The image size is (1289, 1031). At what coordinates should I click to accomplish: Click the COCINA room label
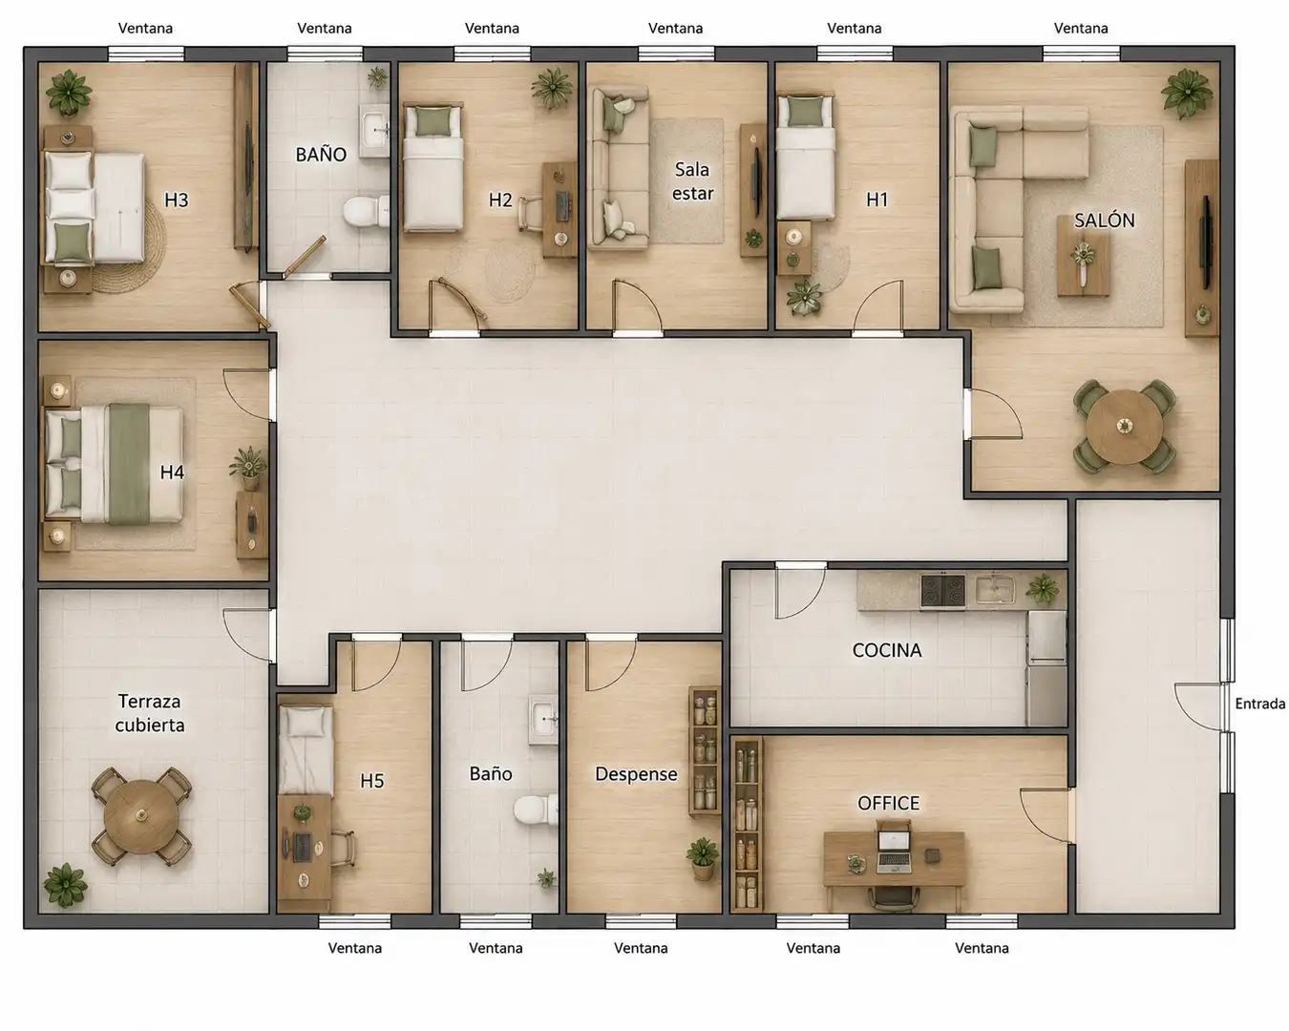886,650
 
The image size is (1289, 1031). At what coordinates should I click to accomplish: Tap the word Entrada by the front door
1260,704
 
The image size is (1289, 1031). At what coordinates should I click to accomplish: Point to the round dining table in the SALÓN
1124,427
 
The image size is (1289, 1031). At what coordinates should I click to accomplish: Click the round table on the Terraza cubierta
141,816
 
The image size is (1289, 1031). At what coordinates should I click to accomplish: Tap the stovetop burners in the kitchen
942,591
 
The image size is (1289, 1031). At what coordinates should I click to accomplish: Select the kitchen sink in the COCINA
995,589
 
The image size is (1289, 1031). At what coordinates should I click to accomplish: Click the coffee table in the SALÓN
1083,256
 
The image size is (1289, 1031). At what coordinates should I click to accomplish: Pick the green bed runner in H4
129,464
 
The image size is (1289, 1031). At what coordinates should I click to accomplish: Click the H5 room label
372,781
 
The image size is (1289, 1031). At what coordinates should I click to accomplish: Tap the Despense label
636,774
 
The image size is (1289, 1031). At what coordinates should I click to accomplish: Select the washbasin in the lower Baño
542,719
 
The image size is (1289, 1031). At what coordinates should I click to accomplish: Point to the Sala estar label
692,181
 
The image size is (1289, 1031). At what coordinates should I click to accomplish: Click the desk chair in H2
530,213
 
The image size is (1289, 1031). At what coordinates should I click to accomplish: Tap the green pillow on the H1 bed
804,112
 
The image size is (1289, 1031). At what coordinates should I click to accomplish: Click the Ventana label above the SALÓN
1081,28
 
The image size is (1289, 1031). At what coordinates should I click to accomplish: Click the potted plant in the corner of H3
69,93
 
